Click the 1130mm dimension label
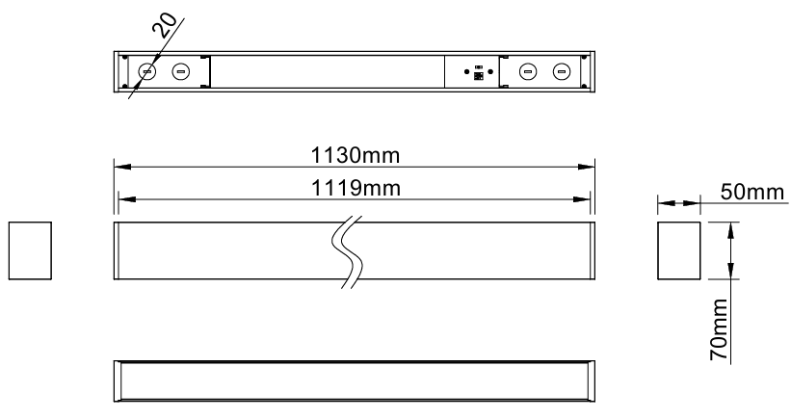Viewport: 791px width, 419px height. click(356, 155)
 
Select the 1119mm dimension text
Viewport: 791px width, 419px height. click(356, 188)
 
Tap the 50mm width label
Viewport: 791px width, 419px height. click(752, 192)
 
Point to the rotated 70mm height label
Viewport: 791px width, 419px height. click(720, 329)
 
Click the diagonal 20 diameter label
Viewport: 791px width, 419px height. click(165, 26)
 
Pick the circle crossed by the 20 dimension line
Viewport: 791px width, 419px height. click(147, 71)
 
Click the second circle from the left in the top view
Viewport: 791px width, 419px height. click(181, 71)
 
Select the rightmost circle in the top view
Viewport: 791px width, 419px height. click(561, 71)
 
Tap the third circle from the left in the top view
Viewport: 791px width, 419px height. click(528, 71)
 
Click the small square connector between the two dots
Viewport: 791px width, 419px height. click(478, 76)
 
